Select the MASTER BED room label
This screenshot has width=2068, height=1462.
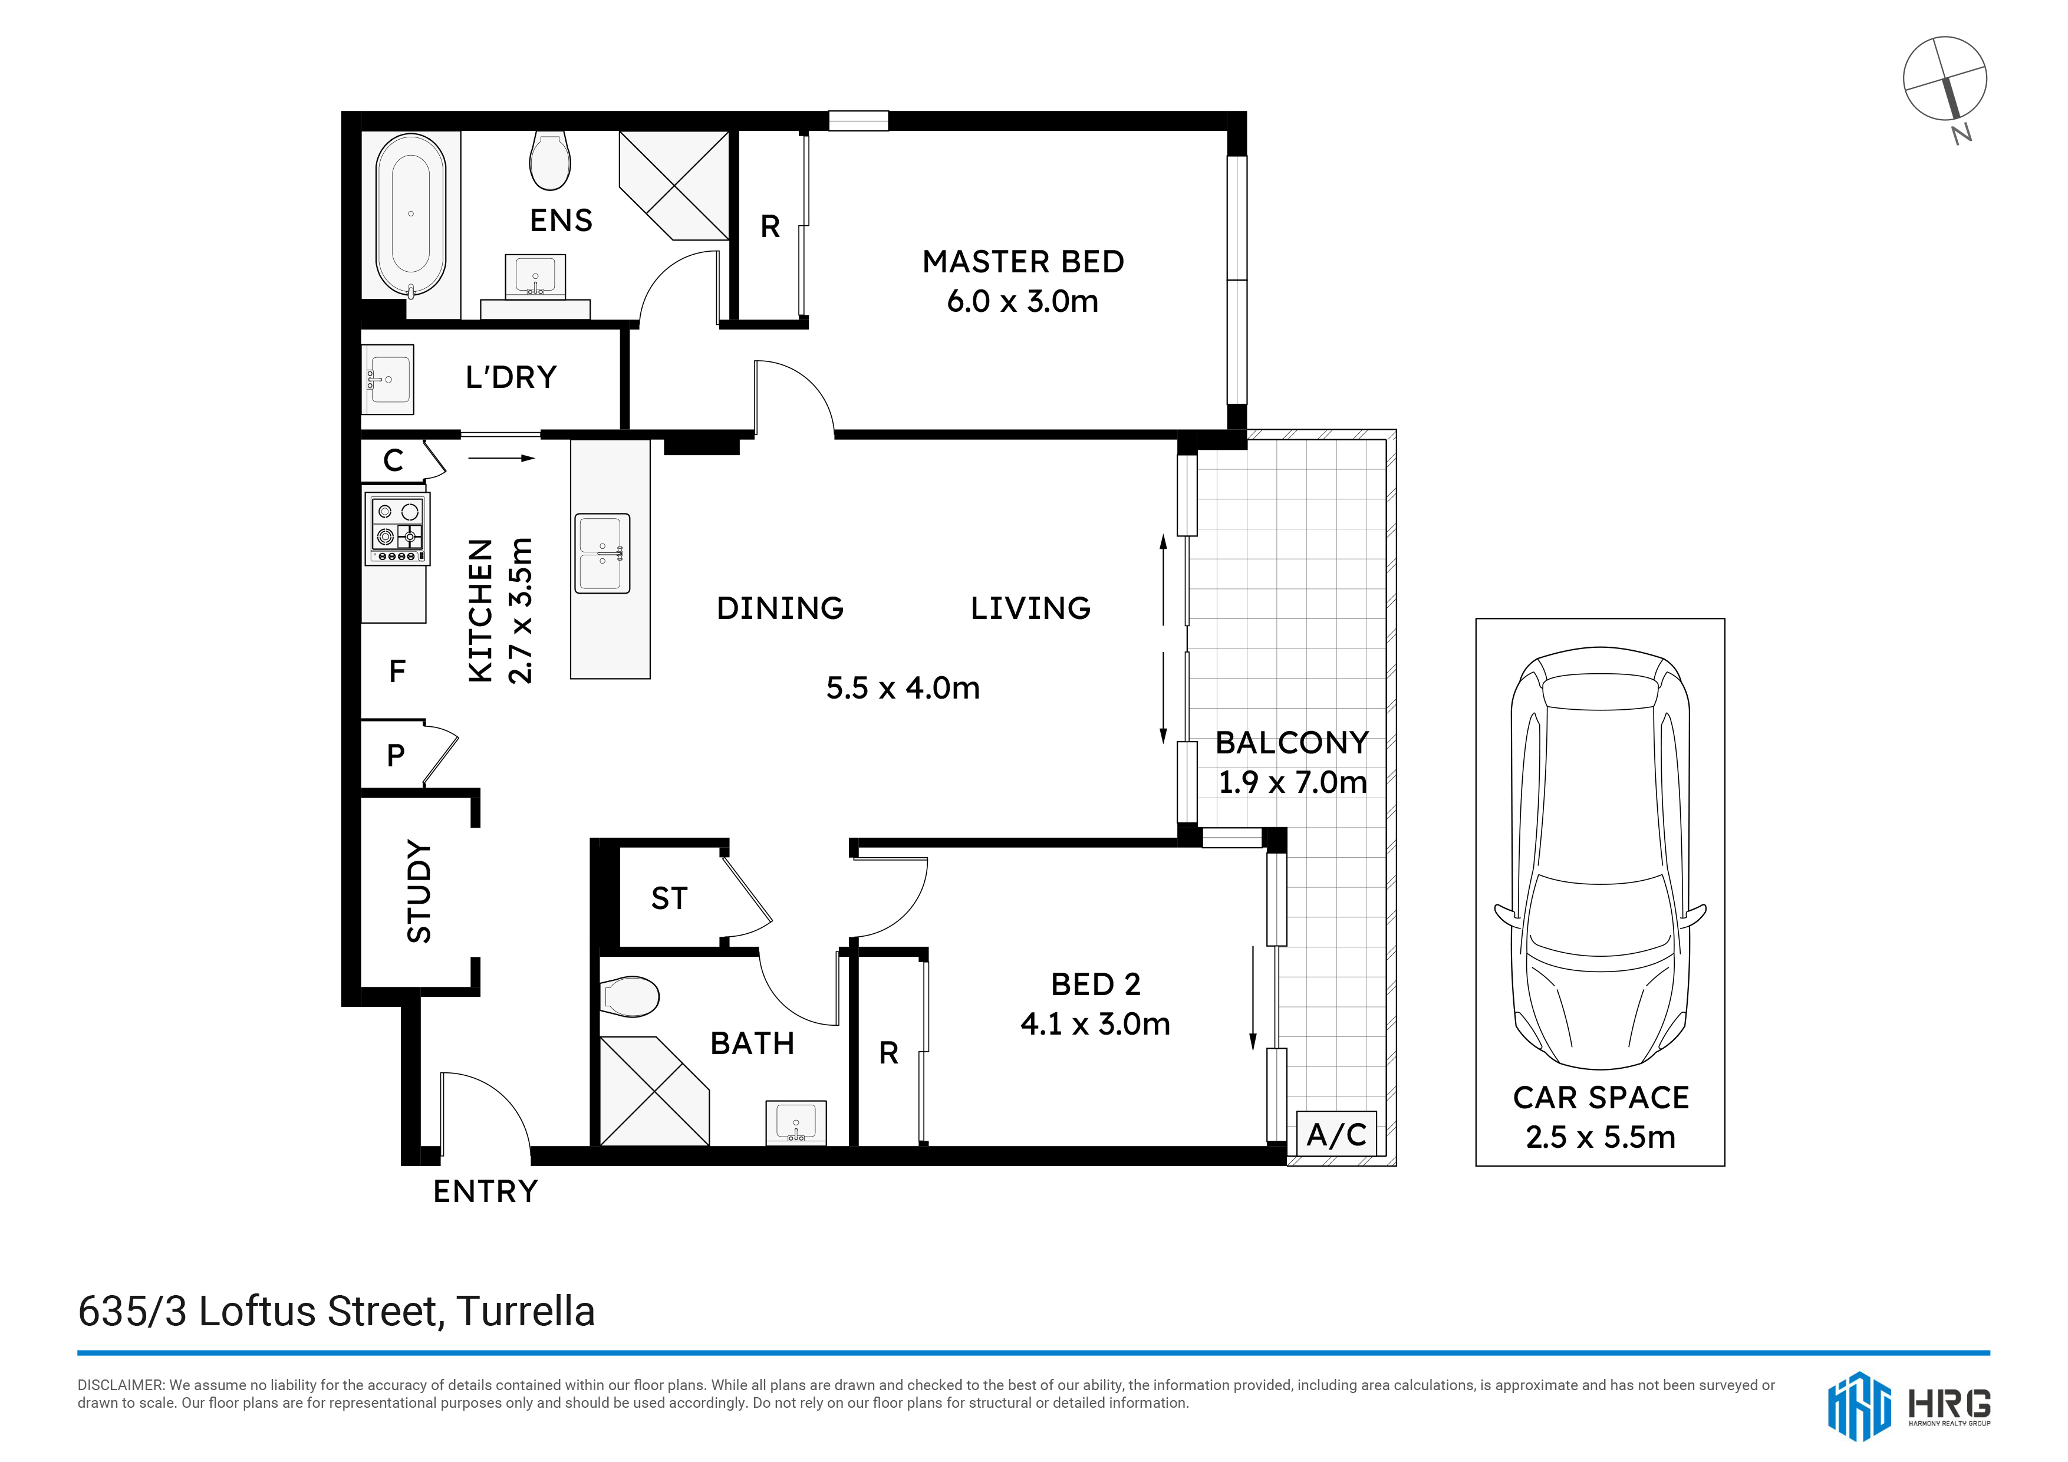pyautogui.click(x=1023, y=261)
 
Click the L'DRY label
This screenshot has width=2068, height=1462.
pyautogui.click(x=511, y=377)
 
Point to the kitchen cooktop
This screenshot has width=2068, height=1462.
pyautogui.click(x=396, y=529)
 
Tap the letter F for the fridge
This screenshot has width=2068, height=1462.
pyautogui.click(x=397, y=671)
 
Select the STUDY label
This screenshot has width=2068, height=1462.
pyautogui.click(x=419, y=891)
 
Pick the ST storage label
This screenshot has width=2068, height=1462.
pyautogui.click(x=669, y=898)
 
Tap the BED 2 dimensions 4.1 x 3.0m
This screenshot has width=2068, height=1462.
pyautogui.click(x=1095, y=1023)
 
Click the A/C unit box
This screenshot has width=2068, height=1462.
pyautogui.click(x=1336, y=1134)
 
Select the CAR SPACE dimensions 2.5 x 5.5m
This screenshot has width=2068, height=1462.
pyautogui.click(x=1601, y=1137)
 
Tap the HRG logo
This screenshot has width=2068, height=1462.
pyautogui.click(x=1909, y=1406)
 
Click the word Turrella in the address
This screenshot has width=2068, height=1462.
pyautogui.click(x=526, y=1312)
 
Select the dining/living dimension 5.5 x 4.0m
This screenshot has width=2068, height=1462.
pyautogui.click(x=903, y=688)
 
